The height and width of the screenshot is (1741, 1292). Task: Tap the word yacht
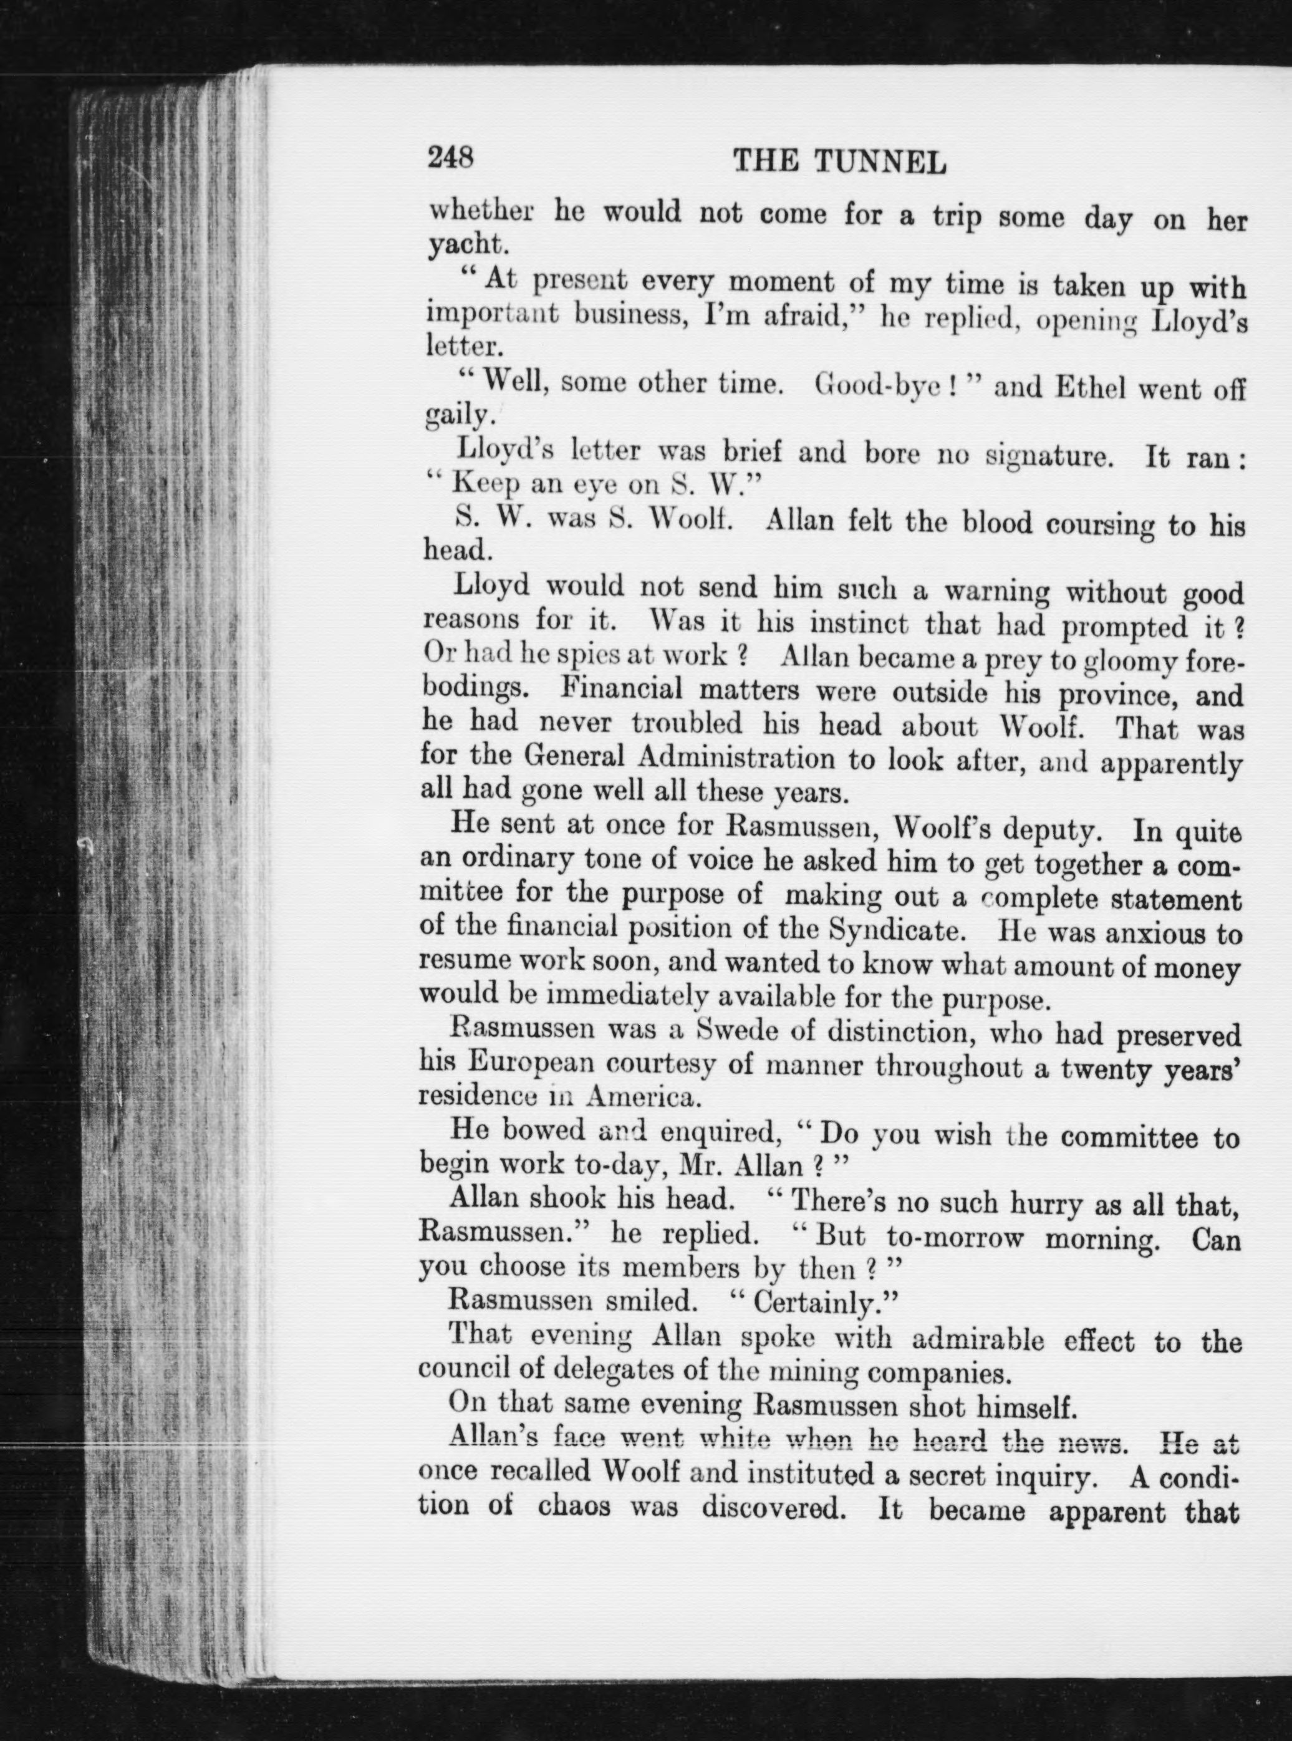pos(466,246)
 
